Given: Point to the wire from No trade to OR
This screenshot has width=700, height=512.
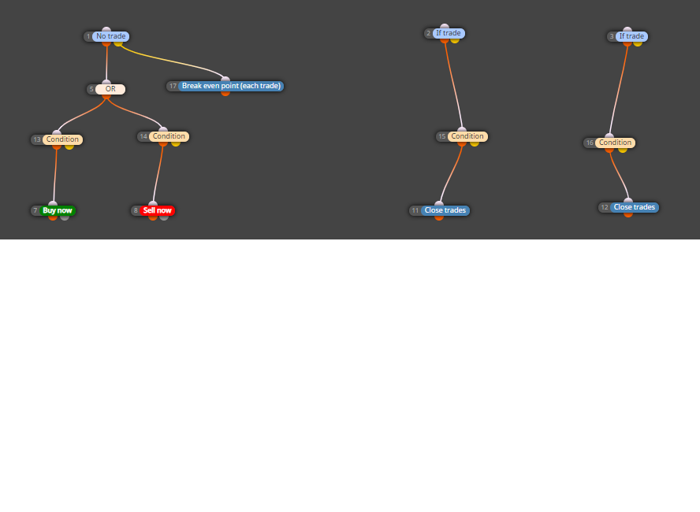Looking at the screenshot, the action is pyautogui.click(x=106, y=63).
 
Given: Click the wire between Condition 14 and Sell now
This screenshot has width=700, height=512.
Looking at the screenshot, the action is pyautogui.click(x=158, y=173).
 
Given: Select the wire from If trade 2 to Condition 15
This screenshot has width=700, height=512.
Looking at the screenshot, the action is pyautogui.click(x=454, y=85).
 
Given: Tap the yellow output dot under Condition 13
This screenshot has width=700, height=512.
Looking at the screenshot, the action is pyautogui.click(x=69, y=147).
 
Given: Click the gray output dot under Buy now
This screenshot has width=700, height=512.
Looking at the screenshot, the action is pyautogui.click(x=65, y=217).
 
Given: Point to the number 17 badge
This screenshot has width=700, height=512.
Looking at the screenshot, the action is pyautogui.click(x=173, y=86).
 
